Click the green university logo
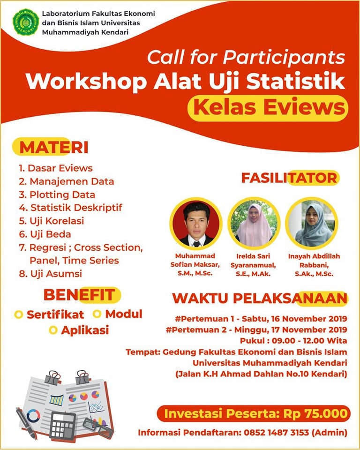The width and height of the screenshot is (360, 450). point(26,22)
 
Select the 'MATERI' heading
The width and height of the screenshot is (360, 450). point(54,148)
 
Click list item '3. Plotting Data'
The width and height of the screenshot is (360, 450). point(57,195)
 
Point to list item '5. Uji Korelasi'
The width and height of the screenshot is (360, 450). point(52,221)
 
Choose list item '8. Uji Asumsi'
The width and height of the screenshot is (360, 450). point(51,273)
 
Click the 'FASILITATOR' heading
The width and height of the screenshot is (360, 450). point(289,178)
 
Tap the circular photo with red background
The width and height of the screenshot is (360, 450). point(196,223)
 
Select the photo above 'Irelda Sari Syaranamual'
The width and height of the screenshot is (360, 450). point(254,223)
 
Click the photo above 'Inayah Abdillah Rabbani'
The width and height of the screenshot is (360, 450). point(312,223)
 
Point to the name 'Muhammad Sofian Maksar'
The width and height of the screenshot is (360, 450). point(195,260)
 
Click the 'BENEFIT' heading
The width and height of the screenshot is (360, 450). point(79,295)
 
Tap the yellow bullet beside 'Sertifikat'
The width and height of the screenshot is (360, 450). point(18,315)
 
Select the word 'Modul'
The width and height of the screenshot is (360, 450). point(124,314)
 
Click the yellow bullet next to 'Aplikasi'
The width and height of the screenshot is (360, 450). point(53,330)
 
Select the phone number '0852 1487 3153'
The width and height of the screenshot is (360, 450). point(276,432)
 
